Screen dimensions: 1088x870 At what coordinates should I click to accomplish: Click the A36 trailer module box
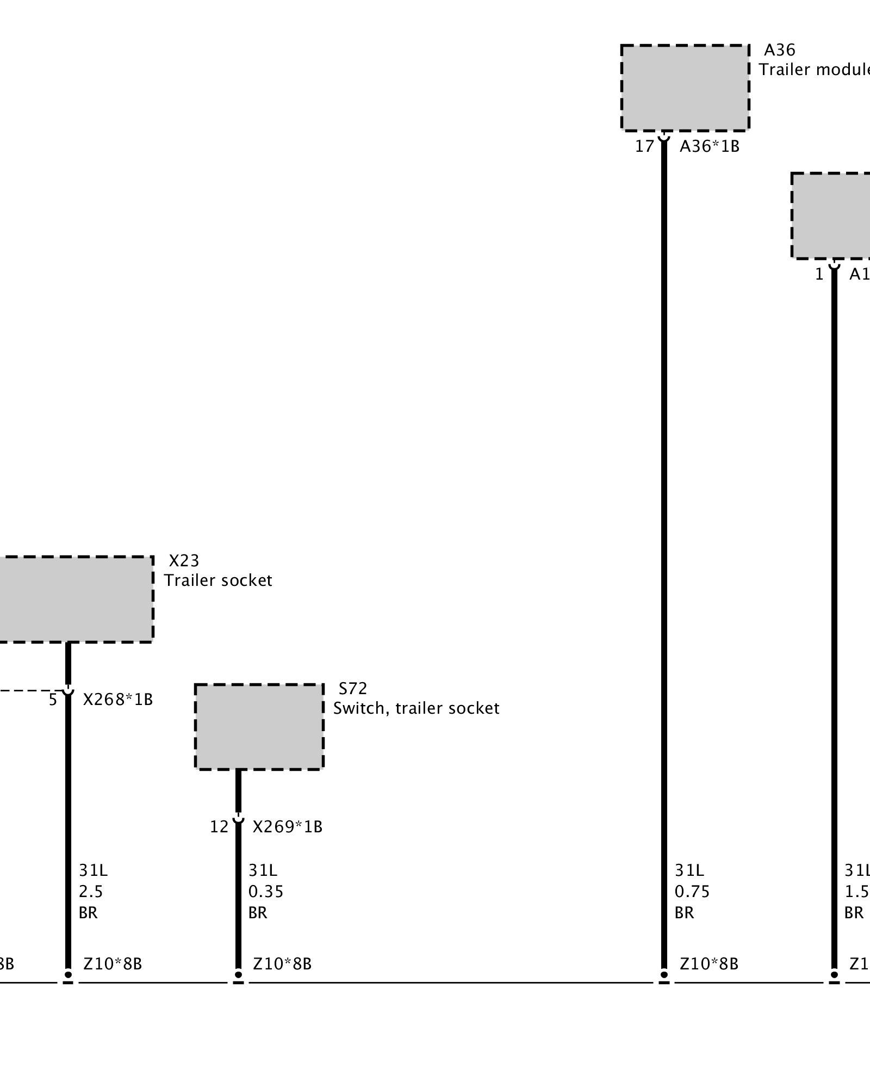685,88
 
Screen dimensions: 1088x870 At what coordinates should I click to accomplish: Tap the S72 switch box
259,727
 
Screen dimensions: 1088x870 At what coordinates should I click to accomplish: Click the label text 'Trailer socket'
218,580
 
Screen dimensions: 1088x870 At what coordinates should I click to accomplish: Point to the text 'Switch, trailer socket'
416,708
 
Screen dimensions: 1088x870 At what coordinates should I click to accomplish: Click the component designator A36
779,50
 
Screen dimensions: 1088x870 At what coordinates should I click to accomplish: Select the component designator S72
353,689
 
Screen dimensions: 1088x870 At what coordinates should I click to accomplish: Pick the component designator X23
184,561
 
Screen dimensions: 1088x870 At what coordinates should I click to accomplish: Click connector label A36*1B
709,146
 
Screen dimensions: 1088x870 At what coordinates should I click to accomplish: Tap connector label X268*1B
117,700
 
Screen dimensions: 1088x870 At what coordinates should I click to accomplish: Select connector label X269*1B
287,827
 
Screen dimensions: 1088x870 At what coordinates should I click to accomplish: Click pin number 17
644,146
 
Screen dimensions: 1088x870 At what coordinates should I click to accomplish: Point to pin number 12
219,827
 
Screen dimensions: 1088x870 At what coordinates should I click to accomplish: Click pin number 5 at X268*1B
53,700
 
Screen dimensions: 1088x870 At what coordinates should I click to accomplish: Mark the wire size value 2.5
91,892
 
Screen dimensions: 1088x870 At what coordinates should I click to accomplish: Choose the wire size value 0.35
266,892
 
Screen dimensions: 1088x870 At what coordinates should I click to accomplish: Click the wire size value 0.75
692,892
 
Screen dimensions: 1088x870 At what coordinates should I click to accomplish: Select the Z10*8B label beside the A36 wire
709,964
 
